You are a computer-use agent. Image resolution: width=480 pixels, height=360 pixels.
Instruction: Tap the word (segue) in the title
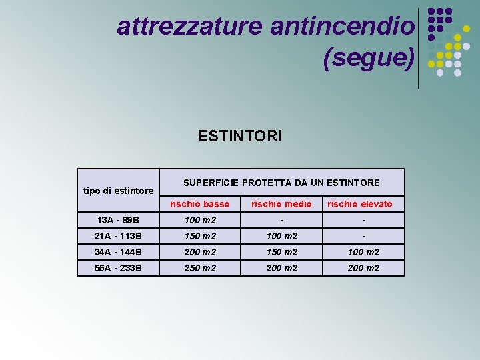368,58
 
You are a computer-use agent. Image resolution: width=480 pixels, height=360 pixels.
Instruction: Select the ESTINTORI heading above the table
240,137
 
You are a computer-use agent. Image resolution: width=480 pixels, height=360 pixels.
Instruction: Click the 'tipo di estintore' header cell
119,191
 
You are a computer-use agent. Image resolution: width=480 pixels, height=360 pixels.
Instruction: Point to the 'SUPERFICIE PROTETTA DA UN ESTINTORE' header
281,183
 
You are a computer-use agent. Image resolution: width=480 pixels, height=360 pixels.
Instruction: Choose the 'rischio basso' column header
199,204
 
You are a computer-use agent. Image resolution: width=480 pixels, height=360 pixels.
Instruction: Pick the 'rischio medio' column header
281,204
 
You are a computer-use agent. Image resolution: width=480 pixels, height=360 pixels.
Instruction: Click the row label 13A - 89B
118,220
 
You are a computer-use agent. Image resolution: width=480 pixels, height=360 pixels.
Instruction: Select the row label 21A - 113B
118,236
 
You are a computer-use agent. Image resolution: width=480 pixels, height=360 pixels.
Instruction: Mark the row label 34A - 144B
118,252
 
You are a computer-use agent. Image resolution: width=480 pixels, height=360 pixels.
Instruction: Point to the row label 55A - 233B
118,268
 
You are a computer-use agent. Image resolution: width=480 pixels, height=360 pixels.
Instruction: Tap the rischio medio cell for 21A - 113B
281,236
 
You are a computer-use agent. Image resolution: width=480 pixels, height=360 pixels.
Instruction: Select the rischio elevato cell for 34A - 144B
363,252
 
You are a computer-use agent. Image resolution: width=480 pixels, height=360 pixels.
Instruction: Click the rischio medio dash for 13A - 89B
281,220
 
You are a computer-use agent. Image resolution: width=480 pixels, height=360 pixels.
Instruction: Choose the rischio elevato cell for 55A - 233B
363,268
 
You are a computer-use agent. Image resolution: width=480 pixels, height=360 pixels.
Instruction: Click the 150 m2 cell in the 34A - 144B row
281,252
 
